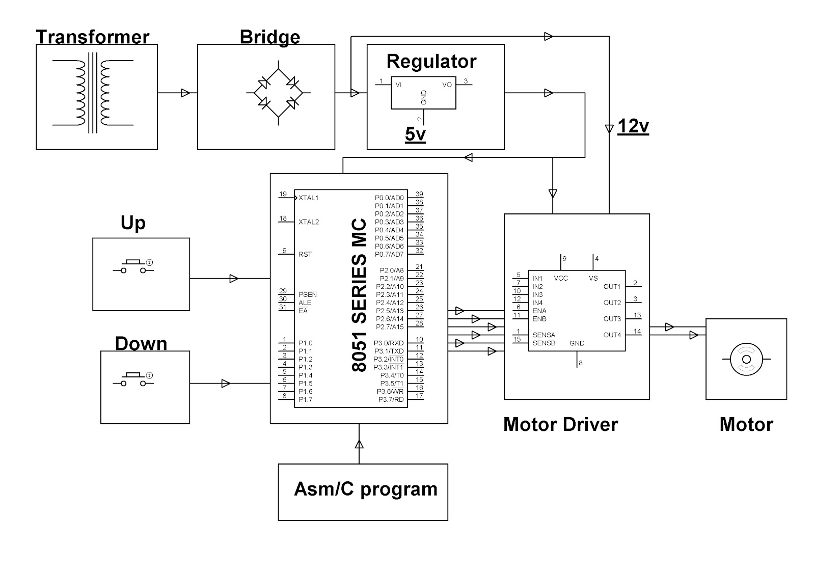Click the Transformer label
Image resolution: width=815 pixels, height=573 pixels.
[92, 37]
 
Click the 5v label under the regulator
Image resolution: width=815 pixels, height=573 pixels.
[415, 134]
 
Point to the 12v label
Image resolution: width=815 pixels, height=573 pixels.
[633, 126]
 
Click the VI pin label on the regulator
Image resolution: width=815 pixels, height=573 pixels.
[398, 85]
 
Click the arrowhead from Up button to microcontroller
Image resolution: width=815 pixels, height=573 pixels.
[234, 279]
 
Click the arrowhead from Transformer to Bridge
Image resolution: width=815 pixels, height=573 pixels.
[185, 93]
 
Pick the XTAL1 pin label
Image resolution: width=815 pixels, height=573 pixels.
[309, 198]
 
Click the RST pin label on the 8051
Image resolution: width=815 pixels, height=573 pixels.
[305, 254]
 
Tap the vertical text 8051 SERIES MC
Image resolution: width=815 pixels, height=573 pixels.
[359, 295]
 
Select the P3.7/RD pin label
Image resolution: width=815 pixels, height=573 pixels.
[391, 400]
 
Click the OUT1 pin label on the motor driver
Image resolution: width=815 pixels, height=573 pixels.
[612, 287]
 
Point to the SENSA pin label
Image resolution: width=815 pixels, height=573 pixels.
[544, 335]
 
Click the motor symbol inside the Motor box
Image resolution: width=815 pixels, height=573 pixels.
[746, 359]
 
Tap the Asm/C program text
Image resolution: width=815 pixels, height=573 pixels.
[365, 489]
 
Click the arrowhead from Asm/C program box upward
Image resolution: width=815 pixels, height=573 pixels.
[359, 444]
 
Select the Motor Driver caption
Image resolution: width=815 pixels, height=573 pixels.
[560, 424]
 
